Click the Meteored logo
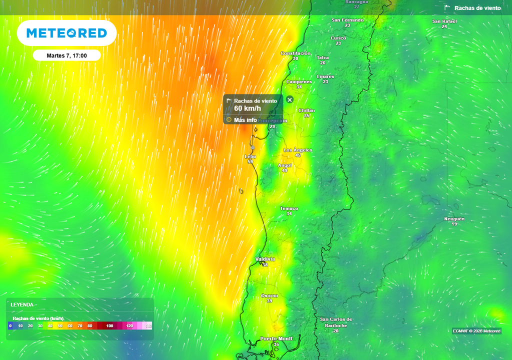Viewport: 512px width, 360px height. (x=66, y=33)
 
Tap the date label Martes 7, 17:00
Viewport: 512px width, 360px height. (x=66, y=55)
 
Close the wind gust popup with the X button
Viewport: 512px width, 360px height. (x=289, y=100)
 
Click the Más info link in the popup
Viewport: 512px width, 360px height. (x=245, y=120)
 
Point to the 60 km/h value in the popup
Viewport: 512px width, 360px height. (x=247, y=108)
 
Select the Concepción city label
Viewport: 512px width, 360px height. (x=273, y=120)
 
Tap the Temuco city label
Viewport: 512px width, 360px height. (x=289, y=208)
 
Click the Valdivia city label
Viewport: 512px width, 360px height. (x=265, y=259)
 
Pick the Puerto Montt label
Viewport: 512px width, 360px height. (x=276, y=339)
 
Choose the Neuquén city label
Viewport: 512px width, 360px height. (x=454, y=219)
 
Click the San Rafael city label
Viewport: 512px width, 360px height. (x=444, y=21)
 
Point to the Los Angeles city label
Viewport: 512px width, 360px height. (x=297, y=150)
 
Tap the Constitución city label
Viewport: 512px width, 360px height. (x=295, y=53)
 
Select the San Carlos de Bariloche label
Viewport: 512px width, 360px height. (x=336, y=322)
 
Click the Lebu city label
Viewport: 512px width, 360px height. (x=250, y=156)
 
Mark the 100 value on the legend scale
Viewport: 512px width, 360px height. (x=110, y=326)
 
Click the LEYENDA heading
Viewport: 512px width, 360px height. (x=22, y=304)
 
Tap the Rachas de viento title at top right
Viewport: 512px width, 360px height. (x=477, y=8)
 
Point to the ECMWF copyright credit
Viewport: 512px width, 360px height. (x=476, y=331)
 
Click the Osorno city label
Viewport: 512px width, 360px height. (x=269, y=296)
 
